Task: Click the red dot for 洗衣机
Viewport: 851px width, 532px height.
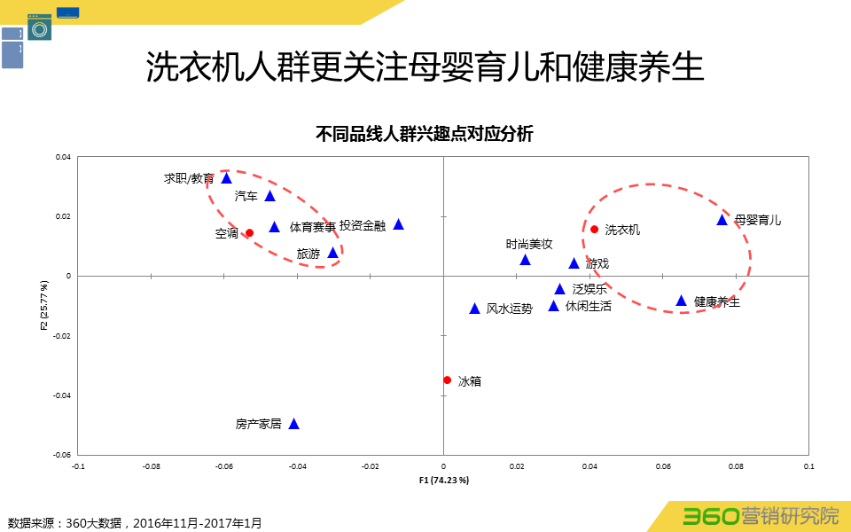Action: coord(595,230)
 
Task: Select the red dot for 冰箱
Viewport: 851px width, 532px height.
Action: coord(447,380)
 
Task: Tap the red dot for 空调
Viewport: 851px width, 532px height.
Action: coord(249,233)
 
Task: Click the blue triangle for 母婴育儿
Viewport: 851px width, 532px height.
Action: coord(722,220)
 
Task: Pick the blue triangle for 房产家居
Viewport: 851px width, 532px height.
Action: coord(294,424)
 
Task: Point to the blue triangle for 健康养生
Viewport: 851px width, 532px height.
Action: coord(682,301)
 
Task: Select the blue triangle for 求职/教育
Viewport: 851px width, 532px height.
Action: coord(226,178)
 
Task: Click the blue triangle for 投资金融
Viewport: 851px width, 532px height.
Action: coord(399,224)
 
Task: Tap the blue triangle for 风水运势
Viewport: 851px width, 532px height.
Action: coord(474,309)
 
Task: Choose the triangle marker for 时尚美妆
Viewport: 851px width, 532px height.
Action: coord(525,260)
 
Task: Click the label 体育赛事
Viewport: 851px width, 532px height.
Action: coord(313,227)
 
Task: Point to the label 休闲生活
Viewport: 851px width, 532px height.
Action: coord(589,306)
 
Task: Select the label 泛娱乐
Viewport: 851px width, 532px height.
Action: coord(590,289)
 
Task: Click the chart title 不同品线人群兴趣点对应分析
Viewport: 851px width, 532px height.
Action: coord(425,134)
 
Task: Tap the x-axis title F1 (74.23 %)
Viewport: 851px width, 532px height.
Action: coord(443,480)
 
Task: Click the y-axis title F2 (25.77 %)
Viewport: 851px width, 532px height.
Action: coord(43,306)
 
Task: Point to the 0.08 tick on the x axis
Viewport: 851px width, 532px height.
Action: coord(735,465)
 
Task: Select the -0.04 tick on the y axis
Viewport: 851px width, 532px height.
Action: coord(61,395)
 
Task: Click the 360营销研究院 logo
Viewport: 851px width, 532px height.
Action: coord(760,516)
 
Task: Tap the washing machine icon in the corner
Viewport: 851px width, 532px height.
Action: coord(39,27)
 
